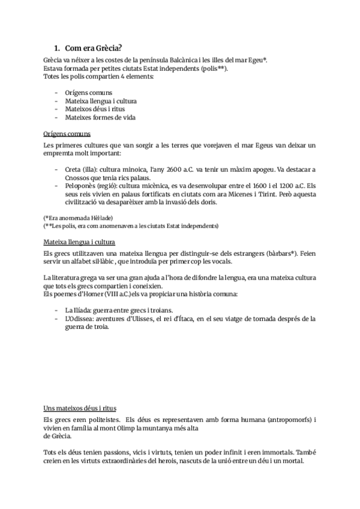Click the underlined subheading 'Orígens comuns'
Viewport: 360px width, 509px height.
(67, 133)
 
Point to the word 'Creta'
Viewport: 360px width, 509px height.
(74, 170)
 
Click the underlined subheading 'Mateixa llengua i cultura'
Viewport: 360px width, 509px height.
(79, 242)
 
